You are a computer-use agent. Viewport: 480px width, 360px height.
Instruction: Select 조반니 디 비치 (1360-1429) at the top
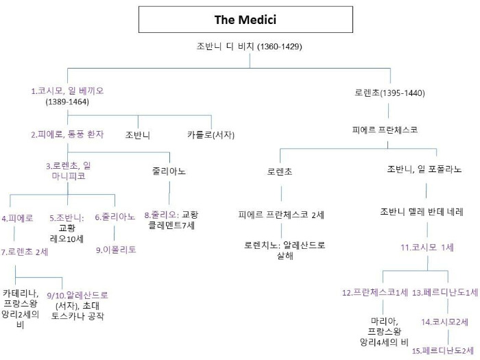click(249, 47)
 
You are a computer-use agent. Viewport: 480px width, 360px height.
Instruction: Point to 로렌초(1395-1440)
click(390, 91)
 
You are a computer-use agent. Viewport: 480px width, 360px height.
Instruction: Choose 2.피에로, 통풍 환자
click(67, 134)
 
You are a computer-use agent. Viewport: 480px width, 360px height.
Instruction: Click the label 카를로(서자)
click(210, 134)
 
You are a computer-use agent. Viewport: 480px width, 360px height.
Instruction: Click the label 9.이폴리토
click(116, 250)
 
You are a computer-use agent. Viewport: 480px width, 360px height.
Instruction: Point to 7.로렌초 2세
click(25, 252)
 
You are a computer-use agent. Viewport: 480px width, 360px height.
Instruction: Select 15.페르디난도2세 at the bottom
click(444, 350)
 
